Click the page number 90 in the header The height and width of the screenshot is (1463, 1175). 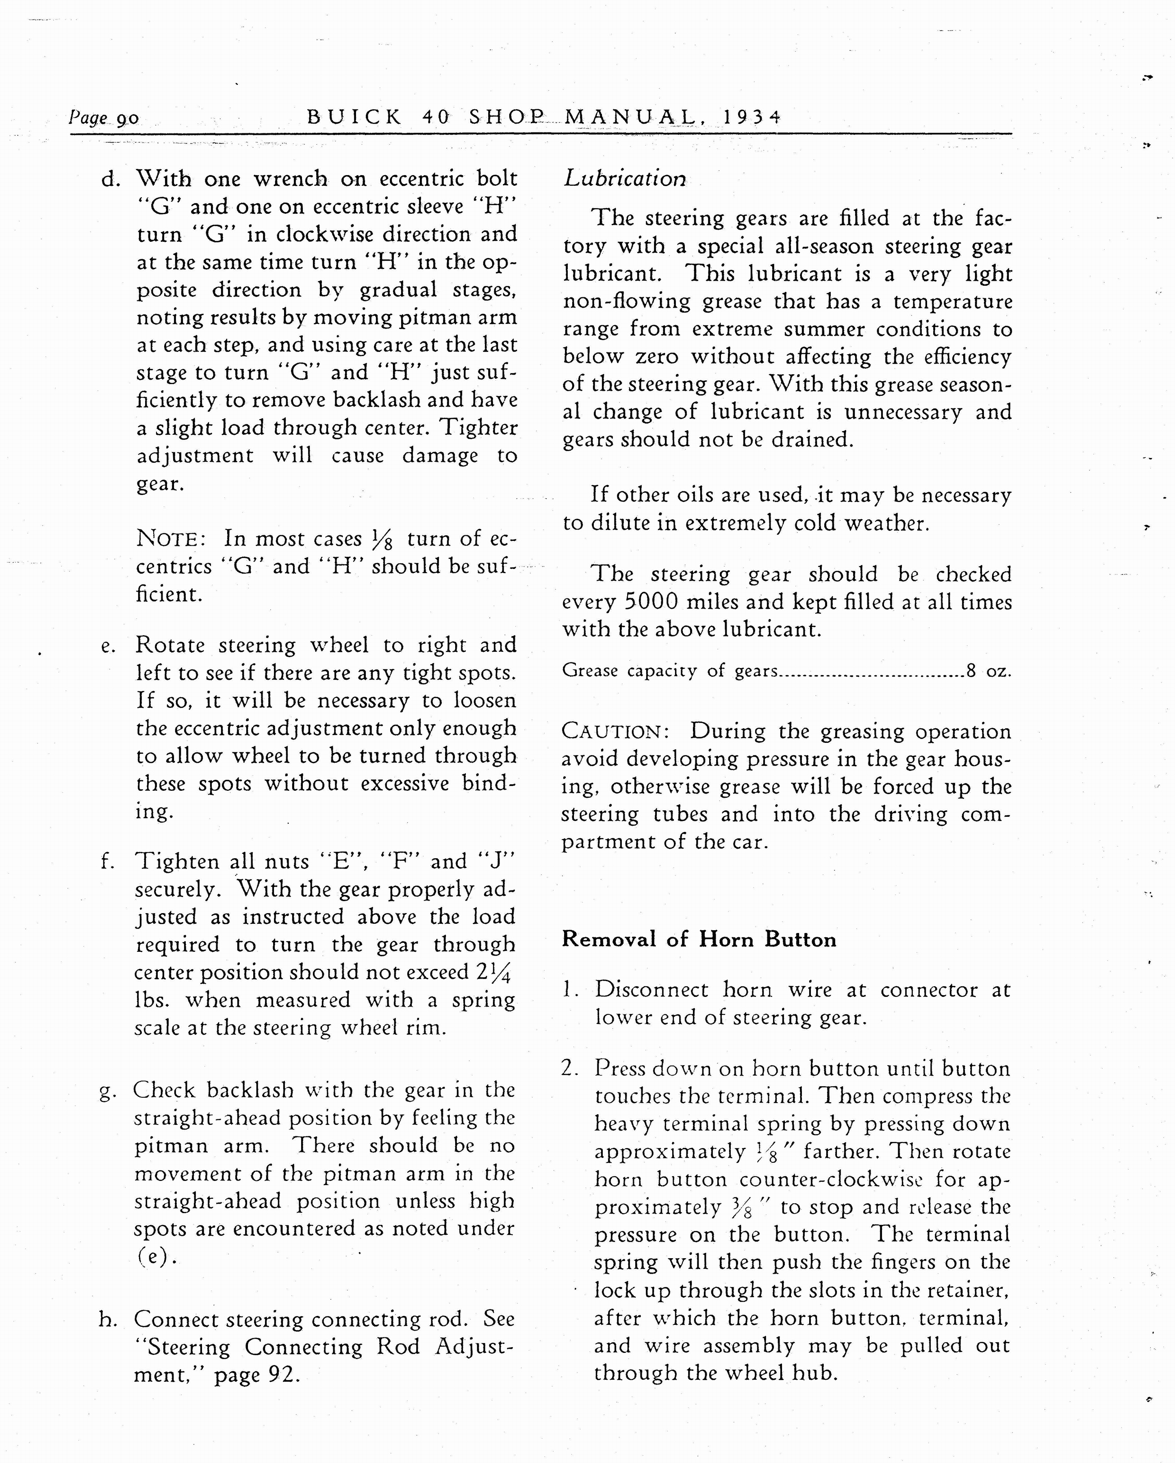[x=128, y=119]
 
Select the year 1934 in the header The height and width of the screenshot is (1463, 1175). [x=752, y=117]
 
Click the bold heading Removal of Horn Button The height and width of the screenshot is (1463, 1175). [x=699, y=940]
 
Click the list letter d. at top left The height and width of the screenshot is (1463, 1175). [x=111, y=180]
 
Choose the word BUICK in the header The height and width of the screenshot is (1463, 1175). [x=354, y=117]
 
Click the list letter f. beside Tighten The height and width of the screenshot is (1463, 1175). [x=107, y=862]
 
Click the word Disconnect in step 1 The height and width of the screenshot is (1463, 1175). [x=651, y=990]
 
